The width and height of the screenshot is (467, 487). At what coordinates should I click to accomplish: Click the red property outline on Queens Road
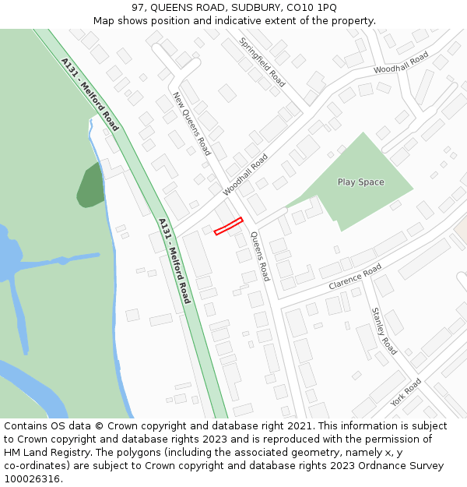(x=229, y=226)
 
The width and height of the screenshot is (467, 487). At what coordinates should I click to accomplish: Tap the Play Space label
(x=360, y=182)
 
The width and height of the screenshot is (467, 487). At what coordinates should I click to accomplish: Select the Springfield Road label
(x=262, y=62)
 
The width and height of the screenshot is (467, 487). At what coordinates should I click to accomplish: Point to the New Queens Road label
(x=191, y=124)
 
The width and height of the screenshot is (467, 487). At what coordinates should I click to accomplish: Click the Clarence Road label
(x=355, y=277)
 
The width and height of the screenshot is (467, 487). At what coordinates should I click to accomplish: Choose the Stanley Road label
(x=384, y=330)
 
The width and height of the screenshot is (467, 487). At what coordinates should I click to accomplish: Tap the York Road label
(x=406, y=392)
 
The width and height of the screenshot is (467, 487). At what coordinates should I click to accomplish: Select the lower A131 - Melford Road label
(x=174, y=260)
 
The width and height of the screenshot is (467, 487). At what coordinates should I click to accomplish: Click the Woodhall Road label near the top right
(x=401, y=63)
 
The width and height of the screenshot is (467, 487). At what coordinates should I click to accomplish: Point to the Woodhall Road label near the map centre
(x=245, y=174)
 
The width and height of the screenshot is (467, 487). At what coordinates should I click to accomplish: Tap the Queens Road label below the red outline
(x=260, y=256)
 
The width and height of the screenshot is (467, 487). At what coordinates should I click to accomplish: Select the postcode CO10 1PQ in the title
(x=311, y=7)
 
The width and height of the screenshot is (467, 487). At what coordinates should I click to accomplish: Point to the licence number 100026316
(x=32, y=479)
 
